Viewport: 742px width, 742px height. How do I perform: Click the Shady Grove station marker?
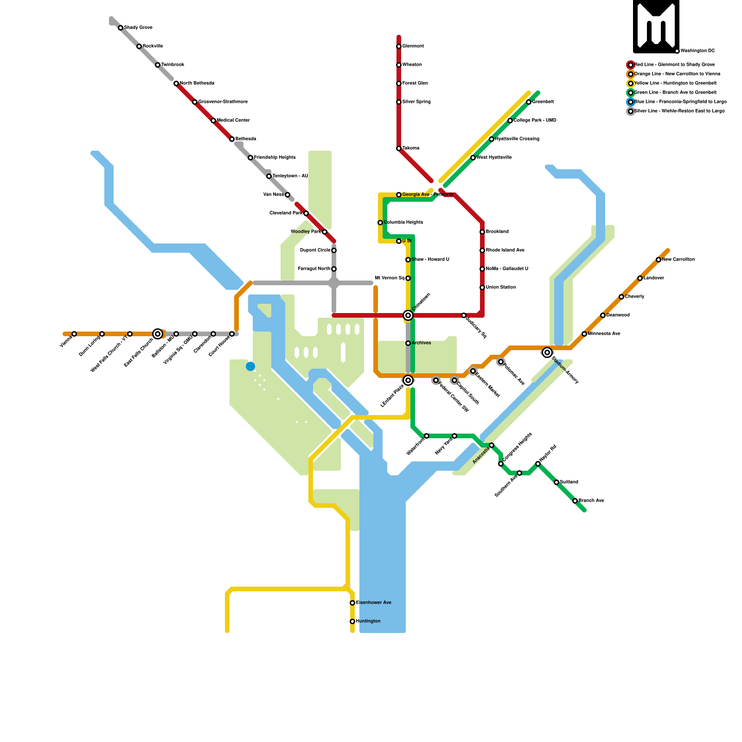(x=121, y=28)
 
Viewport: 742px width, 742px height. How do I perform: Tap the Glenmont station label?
(x=413, y=46)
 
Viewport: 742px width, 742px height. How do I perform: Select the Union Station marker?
(x=482, y=288)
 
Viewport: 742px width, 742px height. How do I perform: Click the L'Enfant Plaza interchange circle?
(x=408, y=380)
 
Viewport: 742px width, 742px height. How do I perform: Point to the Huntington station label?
(x=368, y=621)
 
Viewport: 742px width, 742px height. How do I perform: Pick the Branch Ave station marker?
(x=575, y=501)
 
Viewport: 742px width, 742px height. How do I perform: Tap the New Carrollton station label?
(x=678, y=260)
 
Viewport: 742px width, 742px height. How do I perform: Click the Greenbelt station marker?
(x=529, y=102)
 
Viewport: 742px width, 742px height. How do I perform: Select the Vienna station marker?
(x=74, y=334)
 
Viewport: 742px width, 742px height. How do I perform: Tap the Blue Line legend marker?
(x=631, y=102)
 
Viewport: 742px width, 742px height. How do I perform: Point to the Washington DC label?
(x=697, y=51)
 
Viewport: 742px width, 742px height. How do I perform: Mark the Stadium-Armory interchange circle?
(x=547, y=352)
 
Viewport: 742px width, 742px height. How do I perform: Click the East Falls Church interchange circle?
(x=158, y=334)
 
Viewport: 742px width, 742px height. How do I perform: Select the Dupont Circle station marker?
(x=334, y=250)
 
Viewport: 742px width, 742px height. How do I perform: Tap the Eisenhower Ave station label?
(x=373, y=603)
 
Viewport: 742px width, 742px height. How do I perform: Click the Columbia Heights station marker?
(x=380, y=223)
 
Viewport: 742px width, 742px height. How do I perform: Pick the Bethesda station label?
(x=246, y=139)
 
